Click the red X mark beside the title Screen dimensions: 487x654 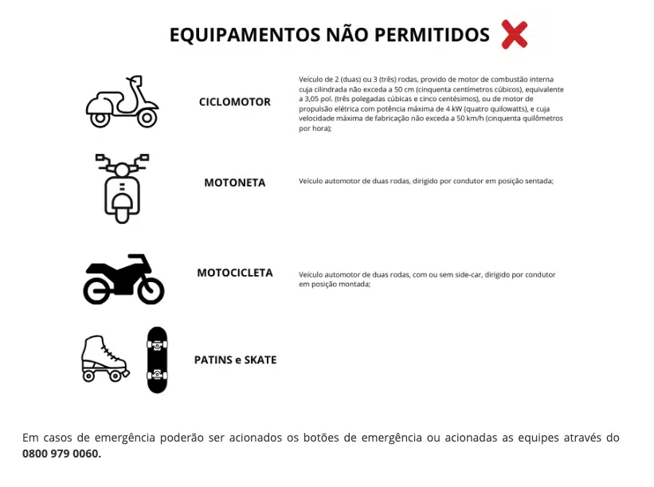point(515,35)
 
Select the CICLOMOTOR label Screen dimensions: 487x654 point(235,102)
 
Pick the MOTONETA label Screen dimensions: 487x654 point(235,183)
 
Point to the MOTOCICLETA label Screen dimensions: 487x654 point(235,273)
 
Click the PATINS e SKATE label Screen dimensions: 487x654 point(235,359)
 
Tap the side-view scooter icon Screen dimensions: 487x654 point(122,102)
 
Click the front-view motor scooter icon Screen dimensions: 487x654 point(122,188)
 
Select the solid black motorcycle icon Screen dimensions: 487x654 point(123,279)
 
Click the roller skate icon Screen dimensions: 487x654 point(104,358)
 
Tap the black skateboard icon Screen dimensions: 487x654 point(158,359)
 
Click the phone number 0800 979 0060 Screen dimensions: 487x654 point(61,454)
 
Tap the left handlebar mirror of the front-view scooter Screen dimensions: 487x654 point(100,158)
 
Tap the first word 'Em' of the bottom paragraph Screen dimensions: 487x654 point(30,438)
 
